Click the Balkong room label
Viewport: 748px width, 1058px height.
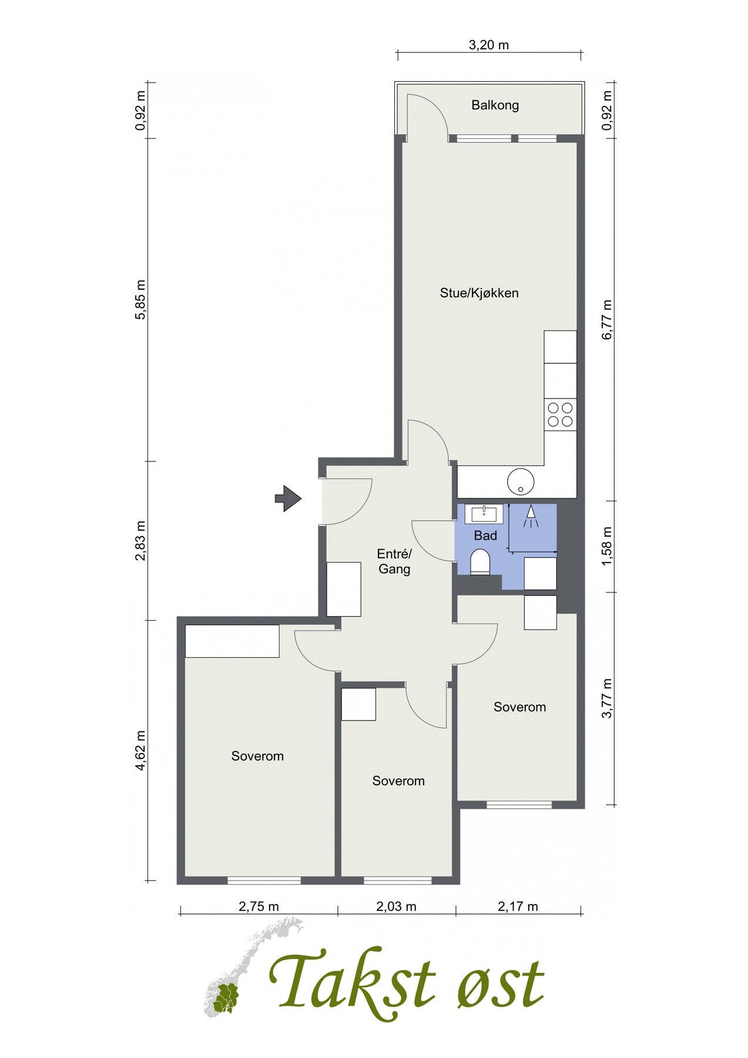click(495, 105)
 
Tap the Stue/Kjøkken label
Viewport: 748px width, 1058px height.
click(479, 293)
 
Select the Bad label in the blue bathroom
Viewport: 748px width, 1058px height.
click(485, 535)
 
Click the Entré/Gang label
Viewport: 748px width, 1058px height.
click(394, 561)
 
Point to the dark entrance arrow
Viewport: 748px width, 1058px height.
click(288, 498)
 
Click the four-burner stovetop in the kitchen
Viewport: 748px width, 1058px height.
click(560, 414)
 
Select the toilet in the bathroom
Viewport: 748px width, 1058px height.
click(480, 562)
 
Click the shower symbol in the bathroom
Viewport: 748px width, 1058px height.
click(531, 516)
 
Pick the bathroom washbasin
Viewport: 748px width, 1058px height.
click(484, 514)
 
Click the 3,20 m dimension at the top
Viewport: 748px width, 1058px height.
click(488, 45)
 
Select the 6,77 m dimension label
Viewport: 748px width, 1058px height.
click(607, 319)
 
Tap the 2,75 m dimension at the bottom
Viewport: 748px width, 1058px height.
click(259, 906)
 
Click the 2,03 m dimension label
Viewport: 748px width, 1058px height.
click(396, 906)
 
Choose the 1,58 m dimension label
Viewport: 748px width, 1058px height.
click(607, 546)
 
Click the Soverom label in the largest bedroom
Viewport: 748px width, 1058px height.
click(257, 756)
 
